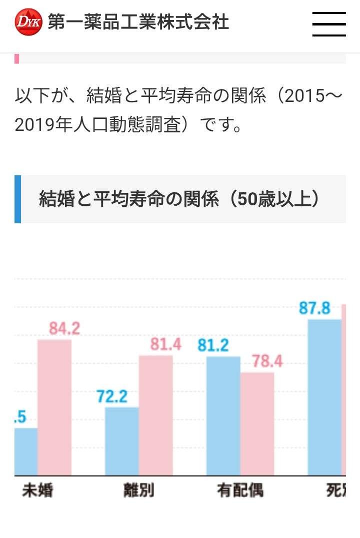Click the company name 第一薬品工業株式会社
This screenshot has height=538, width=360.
coord(138,22)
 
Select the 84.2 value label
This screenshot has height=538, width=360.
coord(64,328)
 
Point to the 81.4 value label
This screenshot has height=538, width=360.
coord(165,344)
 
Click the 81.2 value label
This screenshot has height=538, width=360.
coord(213,345)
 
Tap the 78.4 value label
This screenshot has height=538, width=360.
coord(267,361)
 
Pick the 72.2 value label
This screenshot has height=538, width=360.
coord(112,397)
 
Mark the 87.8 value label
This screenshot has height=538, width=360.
coord(315,308)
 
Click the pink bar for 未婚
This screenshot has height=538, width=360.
coord(54,407)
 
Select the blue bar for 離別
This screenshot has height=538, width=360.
coord(121,441)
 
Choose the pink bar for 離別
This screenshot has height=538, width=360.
coord(155,415)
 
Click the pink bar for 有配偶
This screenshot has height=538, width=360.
coord(257,424)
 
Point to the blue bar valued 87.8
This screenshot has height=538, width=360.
coord(324,397)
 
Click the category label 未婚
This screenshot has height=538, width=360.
coord(37,491)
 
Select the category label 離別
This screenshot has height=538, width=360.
coord(138,491)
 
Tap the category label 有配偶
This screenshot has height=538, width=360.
coord(240,491)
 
